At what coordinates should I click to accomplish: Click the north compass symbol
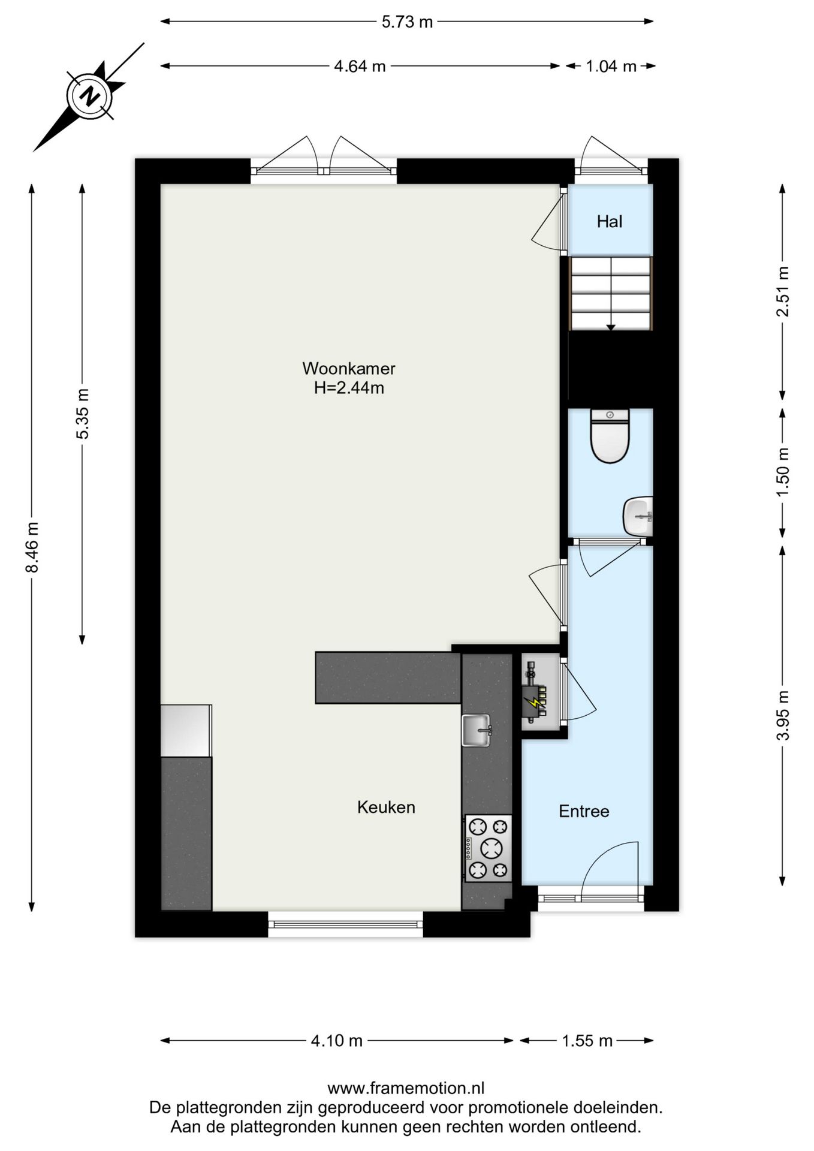coord(90,96)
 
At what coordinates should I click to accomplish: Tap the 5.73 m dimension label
coord(407,22)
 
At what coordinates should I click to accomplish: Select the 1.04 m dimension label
coord(610,66)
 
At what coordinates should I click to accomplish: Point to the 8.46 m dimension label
coord(32,547)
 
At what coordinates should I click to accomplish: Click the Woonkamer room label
coord(348,368)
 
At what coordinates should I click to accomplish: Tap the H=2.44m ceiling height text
coord(349,388)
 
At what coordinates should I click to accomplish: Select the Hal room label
coord(609,222)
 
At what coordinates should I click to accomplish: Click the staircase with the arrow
coord(610,294)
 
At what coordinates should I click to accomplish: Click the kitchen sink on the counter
coord(476,730)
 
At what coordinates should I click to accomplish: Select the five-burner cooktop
coord(488,848)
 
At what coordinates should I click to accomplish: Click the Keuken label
coord(386,807)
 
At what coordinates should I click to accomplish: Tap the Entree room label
coord(584,811)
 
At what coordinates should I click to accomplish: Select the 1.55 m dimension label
coord(587,1041)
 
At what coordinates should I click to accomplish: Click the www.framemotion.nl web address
coord(406,1088)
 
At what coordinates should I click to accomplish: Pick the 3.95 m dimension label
coord(783,715)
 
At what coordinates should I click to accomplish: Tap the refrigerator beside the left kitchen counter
coord(186,730)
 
